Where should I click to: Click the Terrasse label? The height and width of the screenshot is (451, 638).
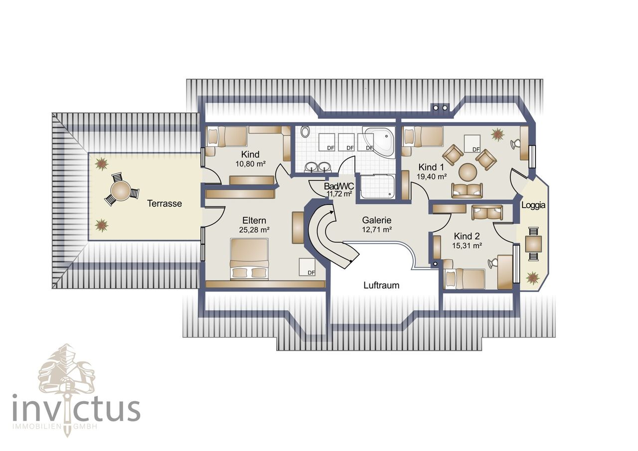coord(164,204)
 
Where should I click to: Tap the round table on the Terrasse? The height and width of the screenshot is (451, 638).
coord(121,191)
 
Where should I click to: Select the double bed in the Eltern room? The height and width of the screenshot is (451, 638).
coord(250,259)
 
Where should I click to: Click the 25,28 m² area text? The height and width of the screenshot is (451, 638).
coord(254,230)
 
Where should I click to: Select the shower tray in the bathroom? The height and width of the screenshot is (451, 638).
coord(377,187)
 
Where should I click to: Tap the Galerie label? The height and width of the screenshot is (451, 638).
coord(376,220)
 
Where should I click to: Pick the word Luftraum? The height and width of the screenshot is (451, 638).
coord(381,285)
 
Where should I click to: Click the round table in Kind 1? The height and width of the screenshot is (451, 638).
coord(468,172)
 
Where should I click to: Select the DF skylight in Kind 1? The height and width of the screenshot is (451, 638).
coord(472,144)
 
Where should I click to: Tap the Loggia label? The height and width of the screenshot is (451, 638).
coord(533,205)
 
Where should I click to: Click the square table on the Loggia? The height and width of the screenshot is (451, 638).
coord(533,243)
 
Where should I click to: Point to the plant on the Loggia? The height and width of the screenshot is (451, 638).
coord(533,278)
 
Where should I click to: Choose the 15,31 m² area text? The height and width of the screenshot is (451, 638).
coord(467,245)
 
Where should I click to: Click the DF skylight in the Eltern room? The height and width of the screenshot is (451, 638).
coord(307,267)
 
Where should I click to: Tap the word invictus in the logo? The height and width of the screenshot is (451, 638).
coord(77,409)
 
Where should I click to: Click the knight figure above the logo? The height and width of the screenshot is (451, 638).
coord(66,369)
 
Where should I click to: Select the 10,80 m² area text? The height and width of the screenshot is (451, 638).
coord(250,164)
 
